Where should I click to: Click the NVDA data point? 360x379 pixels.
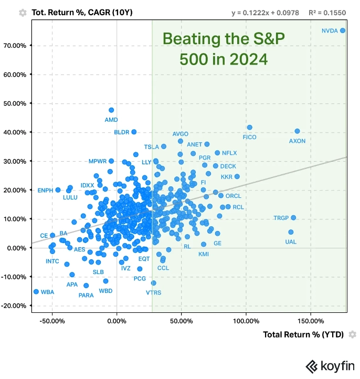tap(343, 30)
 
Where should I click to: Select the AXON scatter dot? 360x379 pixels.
tap(297, 131)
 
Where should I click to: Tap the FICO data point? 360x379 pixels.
tap(250, 128)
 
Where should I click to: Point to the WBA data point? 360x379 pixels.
tap(36, 291)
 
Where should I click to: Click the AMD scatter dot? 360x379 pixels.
tap(111, 110)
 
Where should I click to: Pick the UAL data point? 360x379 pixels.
tap(291, 232)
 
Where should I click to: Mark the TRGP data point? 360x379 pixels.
tap(293, 217)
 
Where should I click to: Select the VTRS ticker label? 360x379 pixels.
tap(154, 292)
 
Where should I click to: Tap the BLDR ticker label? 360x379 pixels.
tap(121, 132)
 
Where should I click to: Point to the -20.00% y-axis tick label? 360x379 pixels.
tap(14, 306)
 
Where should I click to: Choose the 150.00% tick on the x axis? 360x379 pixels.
tap(311, 320)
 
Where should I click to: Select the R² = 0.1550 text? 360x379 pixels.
tap(329, 12)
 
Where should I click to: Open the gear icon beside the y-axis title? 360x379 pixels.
tap(23, 12)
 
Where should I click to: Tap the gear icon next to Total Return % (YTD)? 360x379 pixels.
tap(353, 334)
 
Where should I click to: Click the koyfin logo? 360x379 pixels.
tap(331, 366)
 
